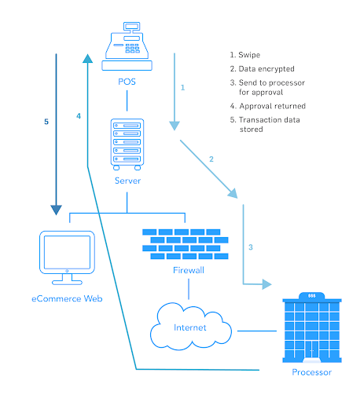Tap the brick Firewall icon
coord(186,243)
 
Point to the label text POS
coord(127,82)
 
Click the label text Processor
coord(311,372)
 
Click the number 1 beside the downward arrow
coord(182,87)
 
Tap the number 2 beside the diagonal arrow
coord(211,160)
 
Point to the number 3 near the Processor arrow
coord(251,247)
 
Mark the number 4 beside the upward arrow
coord(79,115)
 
